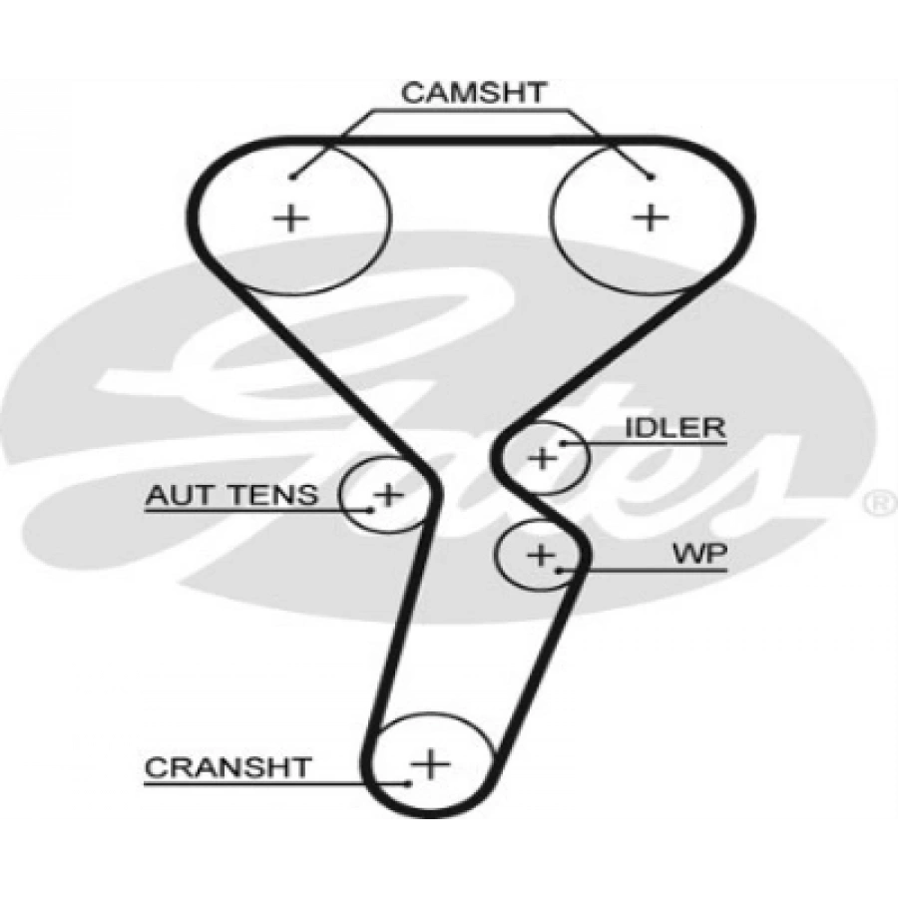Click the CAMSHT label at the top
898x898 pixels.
coord(474,93)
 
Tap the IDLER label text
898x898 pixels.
coord(675,427)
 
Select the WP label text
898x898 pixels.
coord(699,553)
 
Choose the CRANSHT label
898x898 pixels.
coord(227,767)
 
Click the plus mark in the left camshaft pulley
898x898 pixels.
coord(290,219)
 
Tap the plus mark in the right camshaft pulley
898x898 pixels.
coord(650,218)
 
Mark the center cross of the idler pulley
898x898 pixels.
coord(541,458)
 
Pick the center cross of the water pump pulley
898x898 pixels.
coord(541,555)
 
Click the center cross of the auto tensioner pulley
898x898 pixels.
coord(388,494)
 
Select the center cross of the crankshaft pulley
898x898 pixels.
coord(430,763)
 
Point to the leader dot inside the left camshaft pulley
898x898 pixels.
coord(292,177)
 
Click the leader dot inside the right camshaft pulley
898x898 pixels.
coord(651,177)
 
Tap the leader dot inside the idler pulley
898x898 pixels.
coord(563,443)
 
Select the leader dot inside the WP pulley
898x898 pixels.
coord(560,571)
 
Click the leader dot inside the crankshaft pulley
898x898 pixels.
coord(408,783)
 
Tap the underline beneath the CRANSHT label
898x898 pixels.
coord(275,783)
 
